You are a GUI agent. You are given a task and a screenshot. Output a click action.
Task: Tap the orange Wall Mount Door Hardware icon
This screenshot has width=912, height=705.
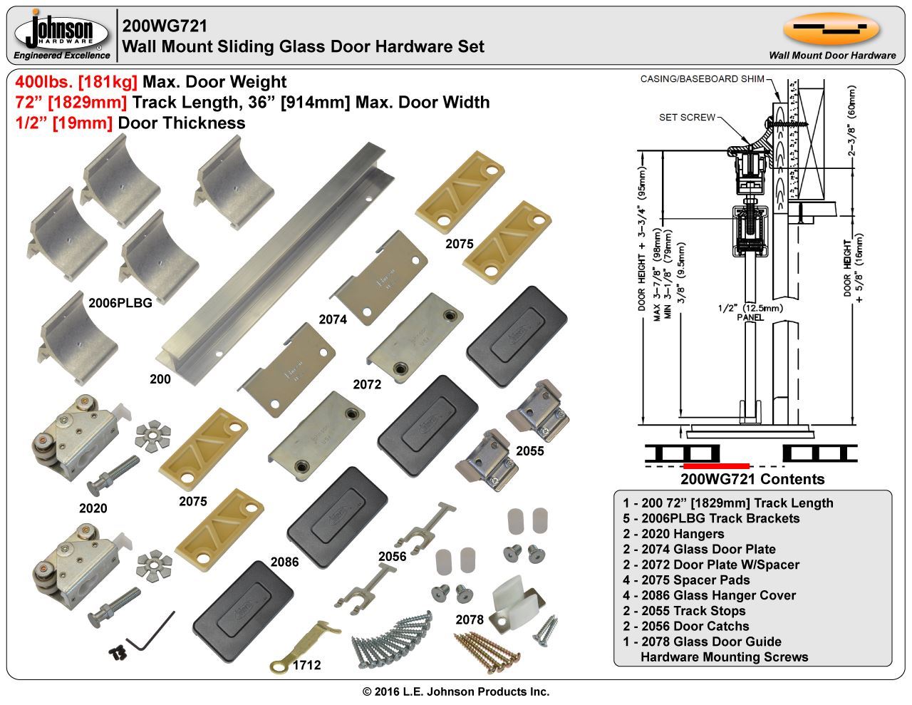click(831, 29)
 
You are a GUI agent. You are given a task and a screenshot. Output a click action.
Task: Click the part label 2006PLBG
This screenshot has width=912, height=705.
click(120, 302)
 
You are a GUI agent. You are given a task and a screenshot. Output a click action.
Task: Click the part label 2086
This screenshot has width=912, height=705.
click(284, 562)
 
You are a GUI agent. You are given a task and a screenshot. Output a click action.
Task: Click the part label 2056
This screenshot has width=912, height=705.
click(393, 557)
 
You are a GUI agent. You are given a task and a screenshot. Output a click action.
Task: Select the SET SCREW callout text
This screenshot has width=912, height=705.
click(686, 117)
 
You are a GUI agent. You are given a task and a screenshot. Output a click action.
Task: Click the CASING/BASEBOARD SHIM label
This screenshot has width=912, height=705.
click(702, 79)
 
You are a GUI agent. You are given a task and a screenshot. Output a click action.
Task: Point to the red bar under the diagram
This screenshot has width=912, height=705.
click(715, 466)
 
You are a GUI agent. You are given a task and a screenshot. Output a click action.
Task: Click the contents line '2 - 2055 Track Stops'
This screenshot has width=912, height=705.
click(684, 611)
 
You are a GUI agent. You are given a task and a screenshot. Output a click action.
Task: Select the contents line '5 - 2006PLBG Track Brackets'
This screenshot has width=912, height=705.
click(711, 518)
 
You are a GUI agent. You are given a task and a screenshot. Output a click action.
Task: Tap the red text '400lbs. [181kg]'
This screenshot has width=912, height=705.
click(76, 82)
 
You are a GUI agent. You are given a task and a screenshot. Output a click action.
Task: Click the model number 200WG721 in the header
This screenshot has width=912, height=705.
click(165, 26)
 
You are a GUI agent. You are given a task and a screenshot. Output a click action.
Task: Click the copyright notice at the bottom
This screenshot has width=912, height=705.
click(456, 691)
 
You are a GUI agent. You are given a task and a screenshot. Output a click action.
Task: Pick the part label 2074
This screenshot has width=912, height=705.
click(333, 319)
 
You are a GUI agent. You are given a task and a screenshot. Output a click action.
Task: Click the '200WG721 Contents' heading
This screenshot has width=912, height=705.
click(752, 479)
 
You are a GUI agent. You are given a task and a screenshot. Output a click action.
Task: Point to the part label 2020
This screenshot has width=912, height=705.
click(93, 508)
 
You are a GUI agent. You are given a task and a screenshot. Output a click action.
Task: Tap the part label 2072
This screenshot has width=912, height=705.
click(367, 384)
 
